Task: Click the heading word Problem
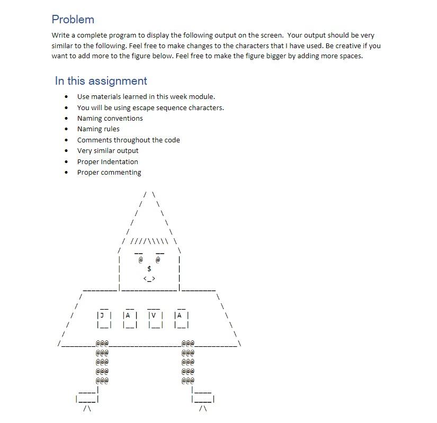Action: tap(73, 20)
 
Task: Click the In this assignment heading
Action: tap(101, 81)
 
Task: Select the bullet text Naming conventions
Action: tap(110, 118)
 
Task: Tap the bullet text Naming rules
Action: tap(98, 129)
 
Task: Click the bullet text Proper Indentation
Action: tap(108, 161)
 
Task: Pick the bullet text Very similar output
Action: tap(108, 150)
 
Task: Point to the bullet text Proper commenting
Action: tap(109, 172)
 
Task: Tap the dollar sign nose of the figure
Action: tap(149, 269)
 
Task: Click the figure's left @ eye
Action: tap(140, 260)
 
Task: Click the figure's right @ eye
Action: tap(158, 260)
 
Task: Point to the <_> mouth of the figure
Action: tap(149, 278)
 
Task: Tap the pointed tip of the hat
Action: tap(149, 193)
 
